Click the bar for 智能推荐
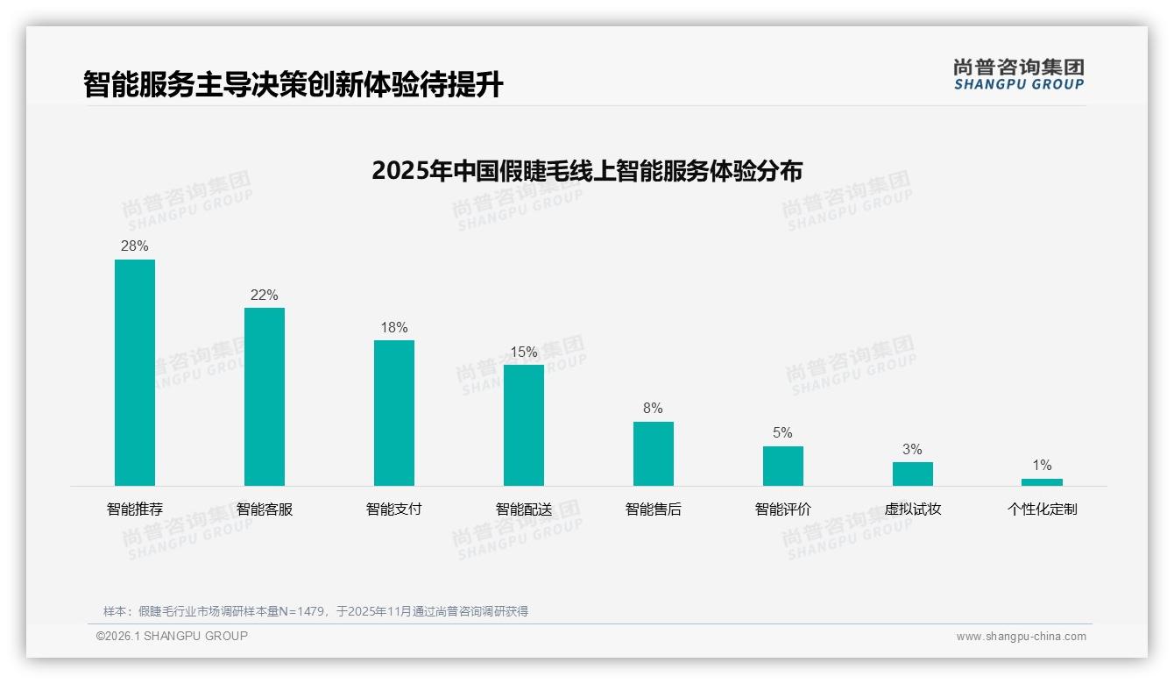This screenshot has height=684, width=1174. tap(135, 372)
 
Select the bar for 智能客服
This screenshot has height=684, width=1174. tap(265, 396)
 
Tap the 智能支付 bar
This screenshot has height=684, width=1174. tap(394, 412)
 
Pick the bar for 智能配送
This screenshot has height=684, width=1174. tap(524, 424)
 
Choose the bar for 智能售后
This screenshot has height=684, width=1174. tap(654, 453)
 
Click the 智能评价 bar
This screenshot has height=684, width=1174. tap(783, 466)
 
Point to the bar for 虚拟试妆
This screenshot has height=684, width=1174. tap(913, 474)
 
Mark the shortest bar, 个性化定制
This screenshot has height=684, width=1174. tap(1042, 482)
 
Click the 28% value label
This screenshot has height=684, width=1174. tap(135, 246)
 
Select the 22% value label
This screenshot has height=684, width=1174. tap(265, 296)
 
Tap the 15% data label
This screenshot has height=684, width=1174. tap(524, 353)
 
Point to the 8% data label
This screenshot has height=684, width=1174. tap(653, 409)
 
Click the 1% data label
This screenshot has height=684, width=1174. tap(1042, 466)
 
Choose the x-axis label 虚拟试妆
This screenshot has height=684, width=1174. tap(913, 509)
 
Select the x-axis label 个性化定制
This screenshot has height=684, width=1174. tap(1042, 509)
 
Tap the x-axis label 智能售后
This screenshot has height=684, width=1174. tap(654, 509)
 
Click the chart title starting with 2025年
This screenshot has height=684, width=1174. tap(587, 170)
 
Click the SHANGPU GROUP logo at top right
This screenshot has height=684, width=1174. tap(1019, 75)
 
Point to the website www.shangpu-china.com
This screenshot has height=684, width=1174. tap(1021, 637)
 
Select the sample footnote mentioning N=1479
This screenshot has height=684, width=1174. tap(315, 611)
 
